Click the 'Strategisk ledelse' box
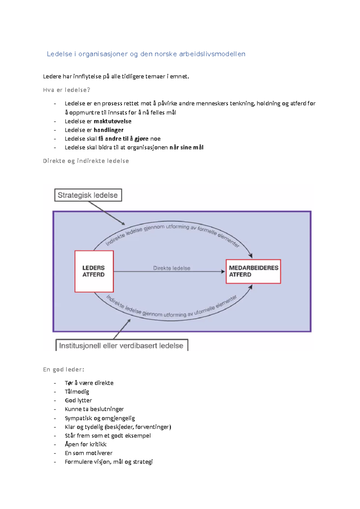(88, 195)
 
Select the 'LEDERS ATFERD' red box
(94, 271)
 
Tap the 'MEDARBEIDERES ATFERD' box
(253, 271)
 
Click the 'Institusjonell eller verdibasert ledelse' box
(121, 346)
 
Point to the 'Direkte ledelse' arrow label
(172, 268)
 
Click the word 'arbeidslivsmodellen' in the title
(212, 54)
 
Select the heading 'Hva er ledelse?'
(66, 90)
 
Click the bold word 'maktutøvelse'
(112, 121)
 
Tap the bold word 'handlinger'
(109, 130)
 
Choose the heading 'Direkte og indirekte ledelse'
(86, 161)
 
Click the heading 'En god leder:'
(63, 370)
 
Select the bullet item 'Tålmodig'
(77, 392)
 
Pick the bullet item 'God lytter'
(78, 400)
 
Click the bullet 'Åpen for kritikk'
(85, 444)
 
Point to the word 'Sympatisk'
(78, 418)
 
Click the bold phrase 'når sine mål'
(186, 147)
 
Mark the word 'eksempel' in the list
(139, 436)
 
